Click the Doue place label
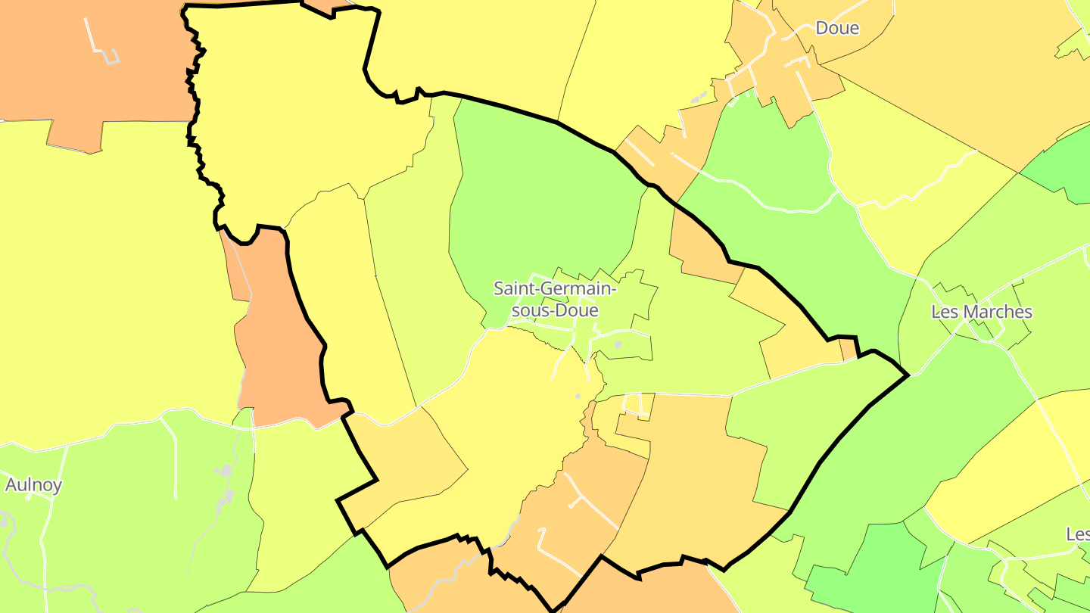click(x=837, y=29)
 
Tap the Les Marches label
click(x=981, y=312)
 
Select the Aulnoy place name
click(x=33, y=485)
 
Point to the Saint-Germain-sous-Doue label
click(x=556, y=300)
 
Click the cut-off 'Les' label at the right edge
click(x=1078, y=534)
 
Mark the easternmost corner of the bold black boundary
click(x=907, y=375)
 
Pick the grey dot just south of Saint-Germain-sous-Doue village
click(x=578, y=396)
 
